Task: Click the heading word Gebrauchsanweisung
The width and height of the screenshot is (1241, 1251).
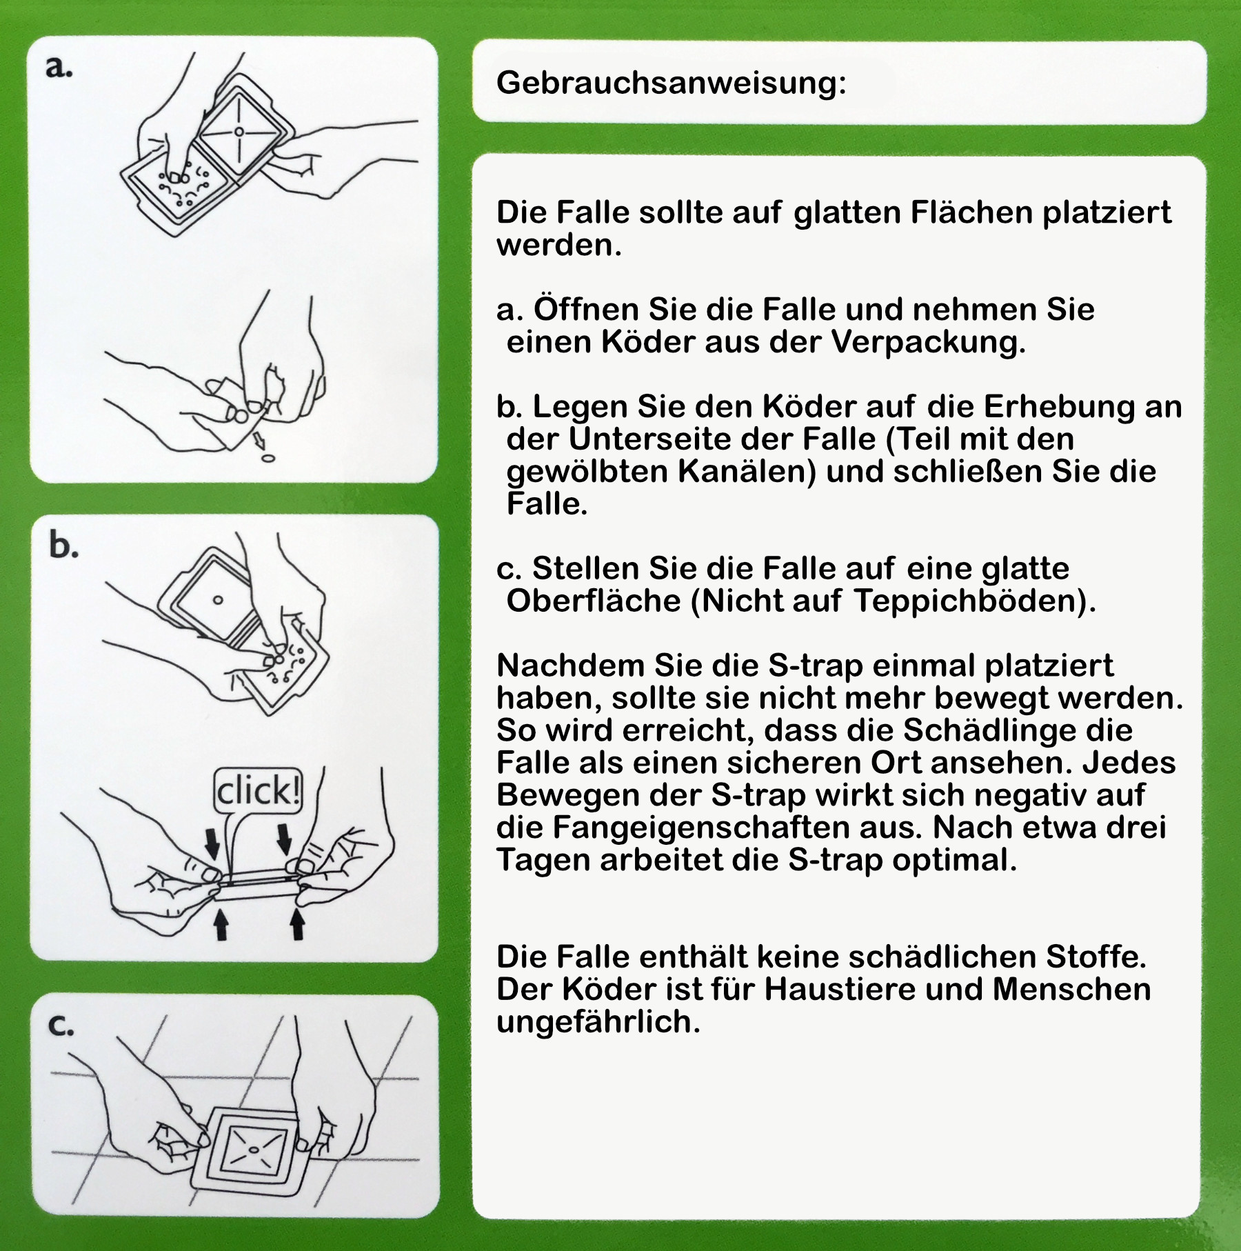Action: [x=670, y=83]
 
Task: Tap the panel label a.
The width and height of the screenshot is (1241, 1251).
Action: [x=59, y=67]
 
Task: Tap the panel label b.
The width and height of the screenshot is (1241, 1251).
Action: [x=63, y=546]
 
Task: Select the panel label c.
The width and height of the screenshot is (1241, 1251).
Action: [x=61, y=1025]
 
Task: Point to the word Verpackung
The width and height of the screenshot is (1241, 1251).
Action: [x=928, y=342]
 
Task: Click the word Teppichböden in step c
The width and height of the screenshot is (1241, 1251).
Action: [x=974, y=601]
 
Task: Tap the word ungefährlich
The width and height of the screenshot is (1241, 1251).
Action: [x=598, y=1022]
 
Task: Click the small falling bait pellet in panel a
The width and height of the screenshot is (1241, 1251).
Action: [x=269, y=459]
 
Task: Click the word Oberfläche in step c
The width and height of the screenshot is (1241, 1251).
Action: [x=594, y=601]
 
